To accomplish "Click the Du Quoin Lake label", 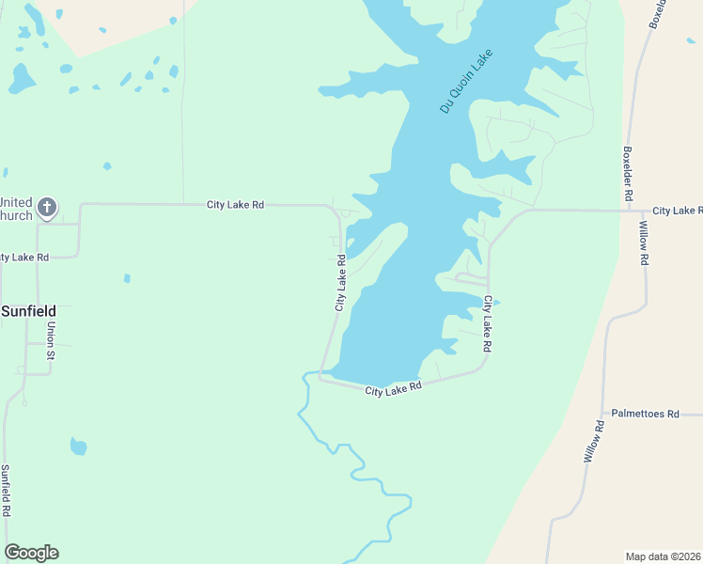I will pos(467,82).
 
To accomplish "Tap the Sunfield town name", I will pos(28,310).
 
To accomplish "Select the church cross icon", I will pos(47,208).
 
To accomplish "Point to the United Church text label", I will pos(16,209).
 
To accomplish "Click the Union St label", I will pos(52,341).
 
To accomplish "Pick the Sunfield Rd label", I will pos(6,490).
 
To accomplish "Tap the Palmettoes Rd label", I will pos(645,413).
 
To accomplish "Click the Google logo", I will pos(31,553).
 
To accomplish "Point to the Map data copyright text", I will pos(664,556).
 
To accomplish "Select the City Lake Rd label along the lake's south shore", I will pos(393,387).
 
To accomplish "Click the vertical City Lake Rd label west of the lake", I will pos(340,282).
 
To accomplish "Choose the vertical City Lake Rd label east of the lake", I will pos(487,323).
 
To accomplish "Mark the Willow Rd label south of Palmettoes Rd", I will pos(592,442).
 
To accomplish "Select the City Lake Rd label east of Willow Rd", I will pos(677,211).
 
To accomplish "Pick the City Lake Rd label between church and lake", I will pos(236,204).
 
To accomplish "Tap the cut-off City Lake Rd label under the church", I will pos(24,257).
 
